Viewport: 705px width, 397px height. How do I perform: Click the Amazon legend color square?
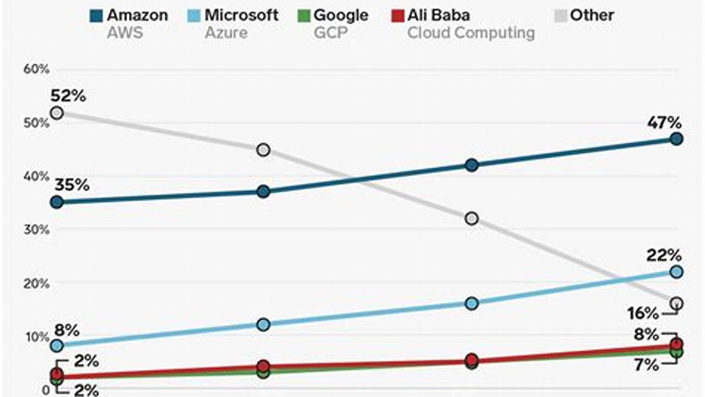point(96,15)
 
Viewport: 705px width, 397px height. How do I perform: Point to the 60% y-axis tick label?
point(36,69)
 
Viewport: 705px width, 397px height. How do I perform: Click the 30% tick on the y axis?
point(36,229)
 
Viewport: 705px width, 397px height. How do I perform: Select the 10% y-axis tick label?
point(36,337)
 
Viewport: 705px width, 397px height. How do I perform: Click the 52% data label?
point(68,96)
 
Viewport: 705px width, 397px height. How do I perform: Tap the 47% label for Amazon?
point(664,122)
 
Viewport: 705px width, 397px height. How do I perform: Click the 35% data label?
point(71,185)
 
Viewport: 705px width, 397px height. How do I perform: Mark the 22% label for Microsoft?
point(664,256)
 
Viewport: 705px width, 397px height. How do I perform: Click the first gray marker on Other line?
point(56,113)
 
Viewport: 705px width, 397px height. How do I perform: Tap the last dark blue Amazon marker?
point(677,139)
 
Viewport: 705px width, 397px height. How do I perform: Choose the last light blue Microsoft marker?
point(677,272)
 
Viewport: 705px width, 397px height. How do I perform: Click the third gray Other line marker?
point(471,219)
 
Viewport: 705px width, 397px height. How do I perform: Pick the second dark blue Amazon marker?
point(263,192)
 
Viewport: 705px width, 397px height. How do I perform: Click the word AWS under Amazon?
point(125,33)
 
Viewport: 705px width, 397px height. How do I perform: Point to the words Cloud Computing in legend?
point(471,33)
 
